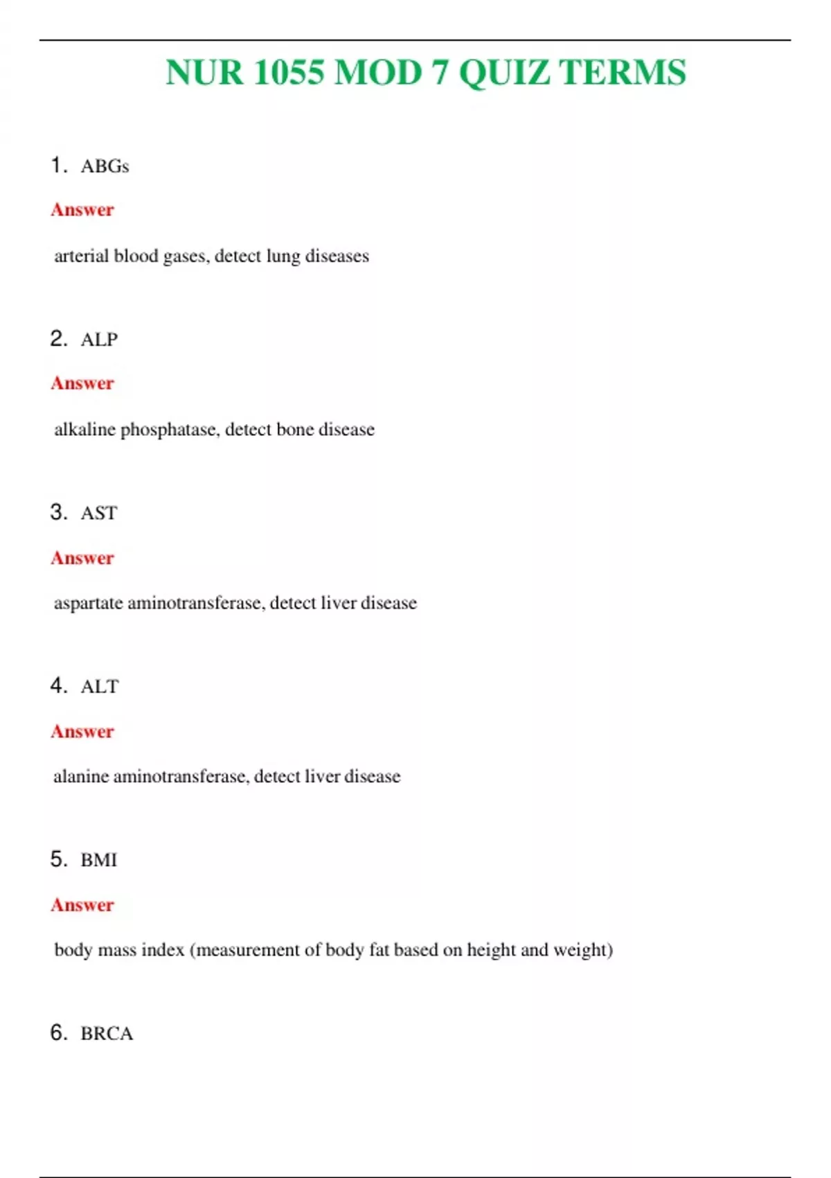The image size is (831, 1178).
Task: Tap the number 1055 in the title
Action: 289,73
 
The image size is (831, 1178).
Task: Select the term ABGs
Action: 105,166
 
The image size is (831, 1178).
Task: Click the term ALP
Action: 99,340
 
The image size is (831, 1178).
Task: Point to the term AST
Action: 99,513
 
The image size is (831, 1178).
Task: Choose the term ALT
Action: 100,687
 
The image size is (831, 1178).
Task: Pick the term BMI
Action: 99,860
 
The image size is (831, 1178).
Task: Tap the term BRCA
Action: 107,1033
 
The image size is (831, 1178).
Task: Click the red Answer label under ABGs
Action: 82,210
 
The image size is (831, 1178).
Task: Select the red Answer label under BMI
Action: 82,905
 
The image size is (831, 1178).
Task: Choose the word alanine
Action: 80,777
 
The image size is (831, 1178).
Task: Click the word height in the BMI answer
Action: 491,950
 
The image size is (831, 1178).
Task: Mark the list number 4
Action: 57,686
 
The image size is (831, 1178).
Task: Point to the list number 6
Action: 57,1032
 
